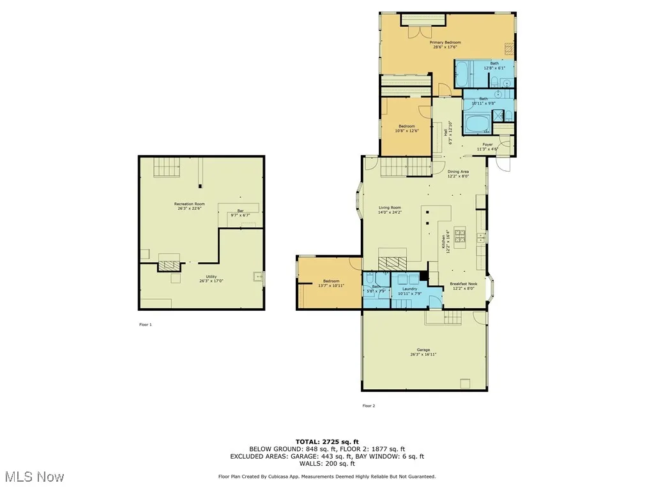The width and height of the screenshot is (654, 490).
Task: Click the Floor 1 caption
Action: (x=146, y=325)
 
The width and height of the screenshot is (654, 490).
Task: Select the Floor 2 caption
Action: (x=369, y=406)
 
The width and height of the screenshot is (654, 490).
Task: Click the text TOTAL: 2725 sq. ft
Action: (x=327, y=442)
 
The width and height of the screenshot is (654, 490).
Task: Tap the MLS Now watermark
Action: (x=33, y=477)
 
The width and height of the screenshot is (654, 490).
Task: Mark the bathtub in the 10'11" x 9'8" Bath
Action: (x=476, y=123)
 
